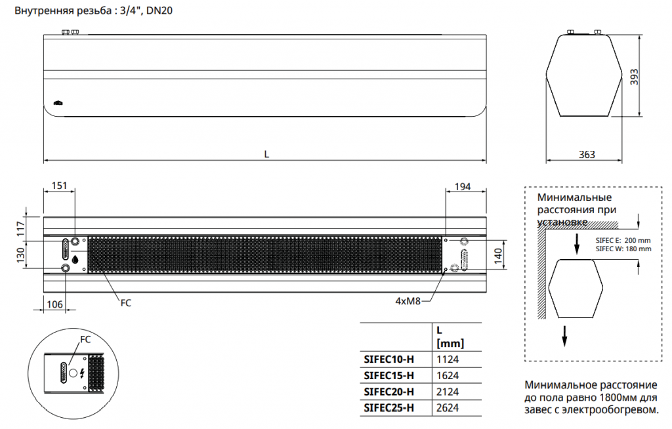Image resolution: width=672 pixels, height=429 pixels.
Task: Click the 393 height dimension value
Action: pos(634,77)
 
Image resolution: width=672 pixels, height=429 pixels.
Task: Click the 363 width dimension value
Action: pos(587,154)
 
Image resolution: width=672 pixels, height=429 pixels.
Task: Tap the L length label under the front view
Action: pos(266,154)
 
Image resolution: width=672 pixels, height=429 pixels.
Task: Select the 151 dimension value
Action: pos(60,186)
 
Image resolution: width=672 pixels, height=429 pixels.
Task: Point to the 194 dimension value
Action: pos(463,187)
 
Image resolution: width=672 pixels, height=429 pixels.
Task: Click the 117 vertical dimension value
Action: pos(20,228)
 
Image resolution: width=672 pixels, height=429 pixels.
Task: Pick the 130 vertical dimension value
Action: pos(20,256)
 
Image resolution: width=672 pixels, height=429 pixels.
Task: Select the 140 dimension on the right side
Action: pos(498,256)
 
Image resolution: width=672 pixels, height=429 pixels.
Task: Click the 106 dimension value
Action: pos(54,304)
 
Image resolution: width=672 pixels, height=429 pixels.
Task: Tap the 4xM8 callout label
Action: pos(408,301)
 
